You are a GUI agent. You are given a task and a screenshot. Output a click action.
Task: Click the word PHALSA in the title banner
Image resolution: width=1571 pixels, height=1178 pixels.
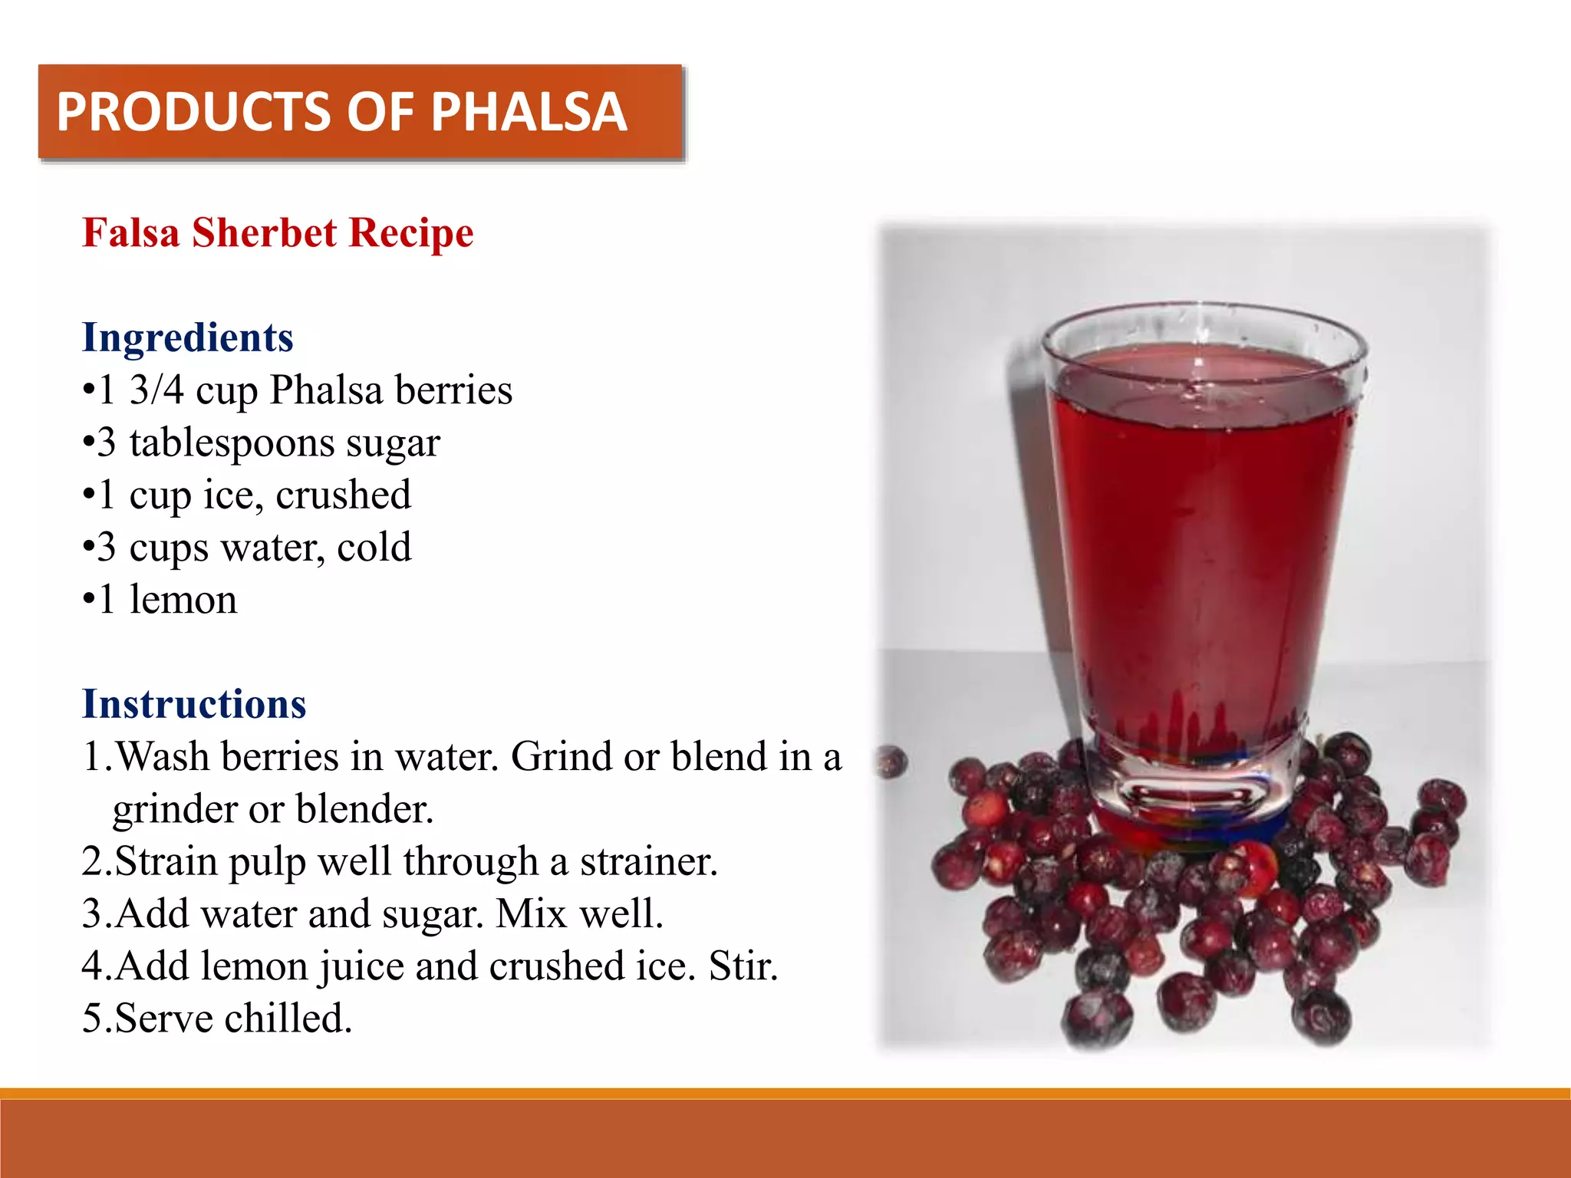coord(529,112)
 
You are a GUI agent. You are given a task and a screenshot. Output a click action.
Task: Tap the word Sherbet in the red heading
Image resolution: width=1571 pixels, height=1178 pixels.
coord(264,232)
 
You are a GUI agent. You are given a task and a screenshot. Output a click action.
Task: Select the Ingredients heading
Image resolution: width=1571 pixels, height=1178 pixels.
coord(188,337)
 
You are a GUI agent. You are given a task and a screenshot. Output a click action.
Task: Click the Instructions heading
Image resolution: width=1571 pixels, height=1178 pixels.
coord(194,703)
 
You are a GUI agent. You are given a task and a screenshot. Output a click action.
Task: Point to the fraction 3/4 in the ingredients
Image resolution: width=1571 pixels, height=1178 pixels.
coord(156,390)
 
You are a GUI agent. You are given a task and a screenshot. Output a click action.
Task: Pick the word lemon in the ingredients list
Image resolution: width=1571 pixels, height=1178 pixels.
coord(183,599)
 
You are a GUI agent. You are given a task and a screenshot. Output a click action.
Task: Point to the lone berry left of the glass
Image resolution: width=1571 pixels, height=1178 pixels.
coord(891,762)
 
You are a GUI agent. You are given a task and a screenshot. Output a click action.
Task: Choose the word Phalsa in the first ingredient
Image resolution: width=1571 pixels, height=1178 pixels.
coord(326,390)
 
